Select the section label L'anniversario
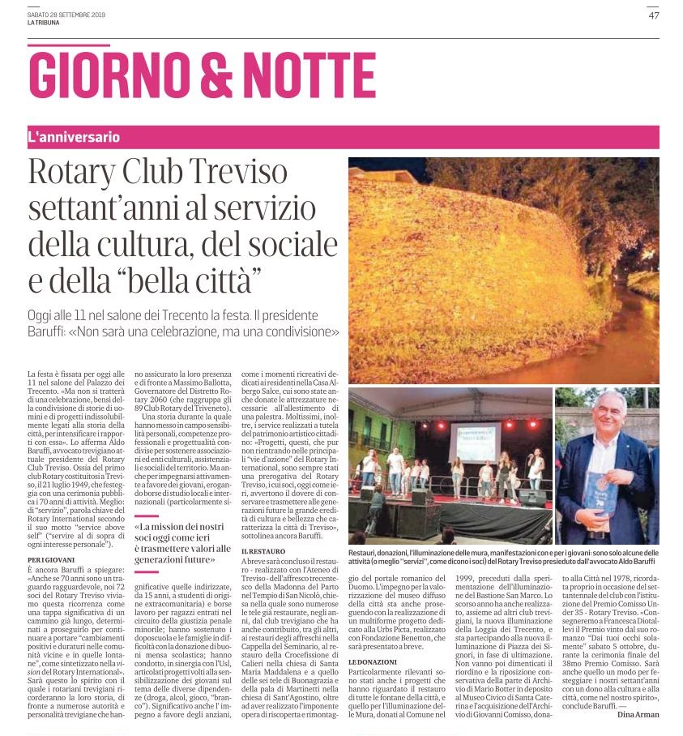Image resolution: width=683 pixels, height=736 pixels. (x=74, y=137)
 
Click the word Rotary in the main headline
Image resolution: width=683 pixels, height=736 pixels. (x=79, y=173)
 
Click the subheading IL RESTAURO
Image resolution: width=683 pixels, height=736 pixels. (x=264, y=551)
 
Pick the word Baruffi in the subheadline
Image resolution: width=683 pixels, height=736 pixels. (x=57, y=332)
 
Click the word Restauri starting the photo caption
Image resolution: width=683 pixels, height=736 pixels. (x=366, y=537)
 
